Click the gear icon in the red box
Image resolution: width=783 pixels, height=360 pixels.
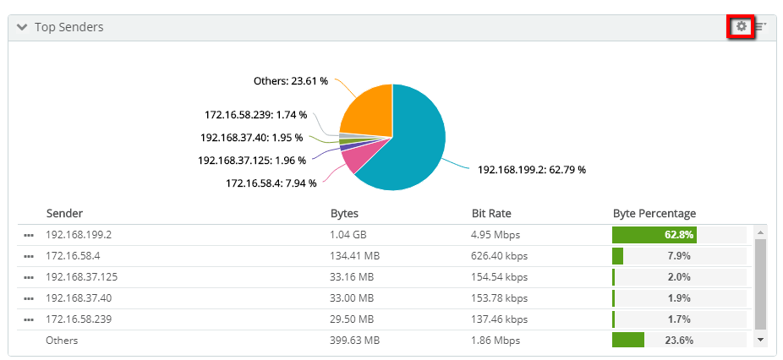pos(742,27)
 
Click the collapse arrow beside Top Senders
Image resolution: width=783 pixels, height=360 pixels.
pos(22,28)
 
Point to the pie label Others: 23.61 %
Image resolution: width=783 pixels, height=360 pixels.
pos(290,81)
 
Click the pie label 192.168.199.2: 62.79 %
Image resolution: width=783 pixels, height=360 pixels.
pos(531,169)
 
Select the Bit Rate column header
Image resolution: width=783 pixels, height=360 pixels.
pos(491,214)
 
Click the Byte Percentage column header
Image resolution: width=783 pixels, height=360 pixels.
pos(654,214)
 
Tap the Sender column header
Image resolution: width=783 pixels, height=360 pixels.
pos(64,214)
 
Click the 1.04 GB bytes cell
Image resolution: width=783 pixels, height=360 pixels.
pos(348,235)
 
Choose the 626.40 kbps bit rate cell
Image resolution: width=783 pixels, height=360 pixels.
pos(500,256)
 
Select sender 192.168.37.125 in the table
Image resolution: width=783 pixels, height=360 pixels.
pos(82,277)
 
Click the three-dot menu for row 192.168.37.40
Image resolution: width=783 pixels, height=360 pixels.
pos(29,298)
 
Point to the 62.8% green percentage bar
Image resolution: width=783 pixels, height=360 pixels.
pos(654,235)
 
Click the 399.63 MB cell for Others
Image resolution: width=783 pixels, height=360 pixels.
pos(354,341)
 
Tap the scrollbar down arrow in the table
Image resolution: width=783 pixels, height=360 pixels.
pos(760,339)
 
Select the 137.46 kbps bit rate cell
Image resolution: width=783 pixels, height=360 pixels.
pos(499,319)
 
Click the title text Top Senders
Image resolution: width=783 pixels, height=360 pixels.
pos(68,28)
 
